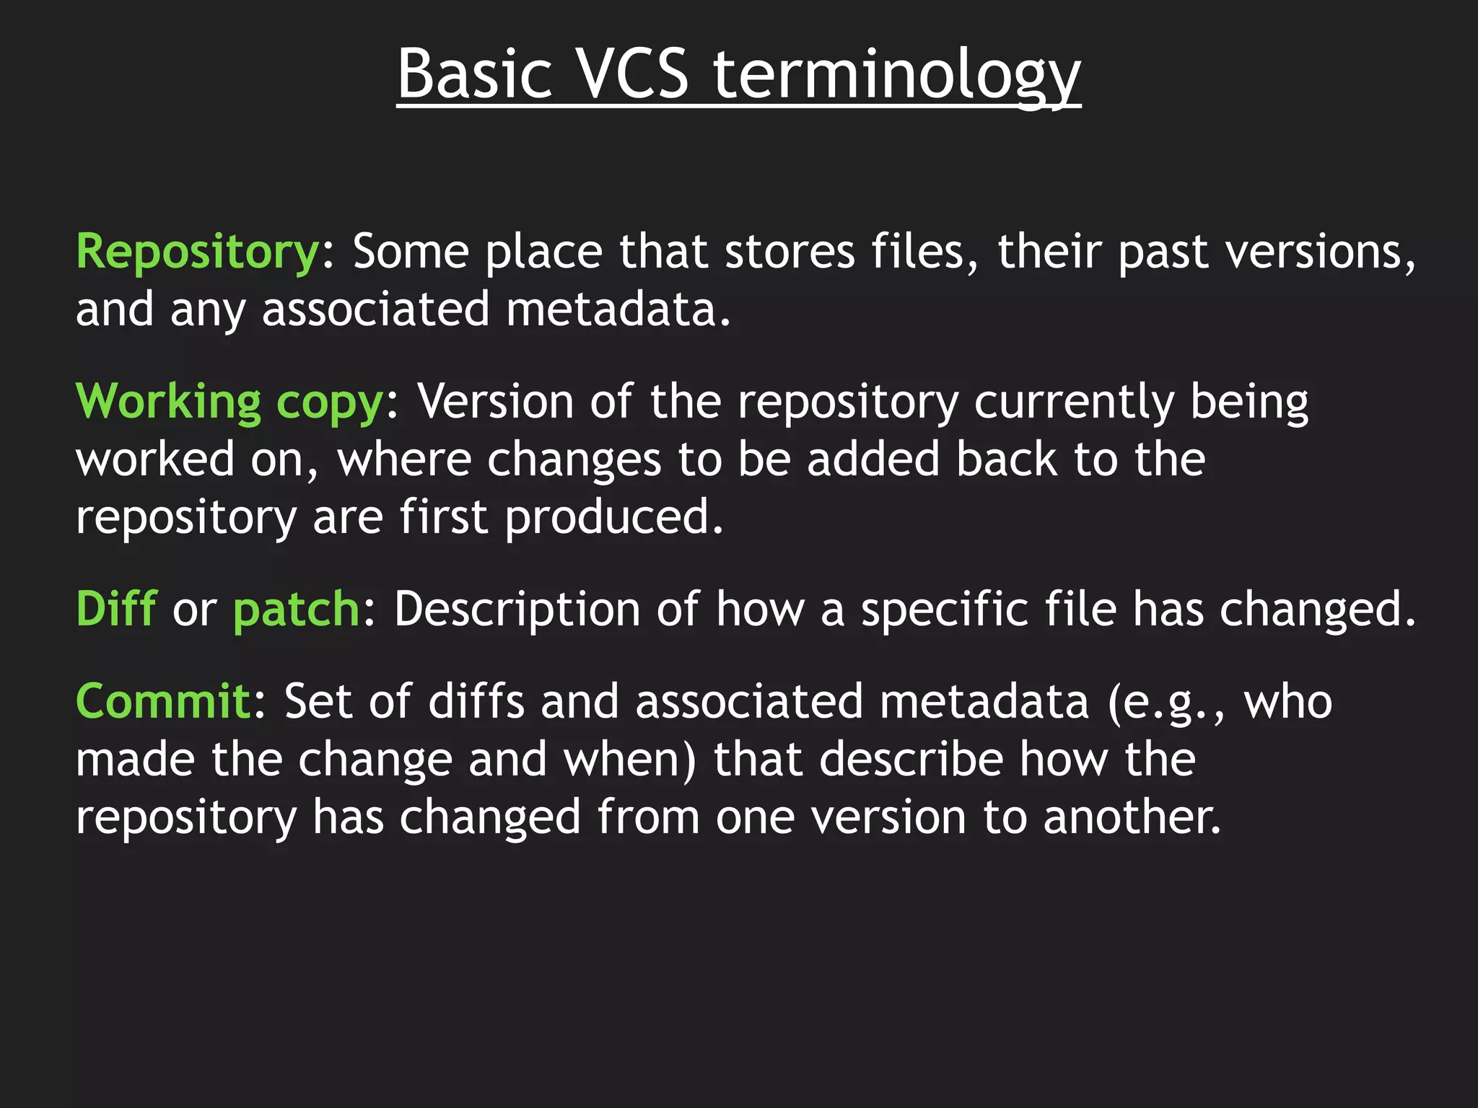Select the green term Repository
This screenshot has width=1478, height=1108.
pyautogui.click(x=197, y=252)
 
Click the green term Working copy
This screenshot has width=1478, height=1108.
pyautogui.click(x=229, y=403)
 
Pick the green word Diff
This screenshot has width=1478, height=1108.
pyautogui.click(x=116, y=609)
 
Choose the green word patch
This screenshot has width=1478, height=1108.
pyautogui.click(x=296, y=610)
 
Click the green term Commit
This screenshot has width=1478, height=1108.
pyautogui.click(x=162, y=701)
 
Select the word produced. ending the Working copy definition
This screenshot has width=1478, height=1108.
pyautogui.click(x=613, y=518)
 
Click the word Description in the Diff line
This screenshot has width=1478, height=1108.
pyautogui.click(x=517, y=610)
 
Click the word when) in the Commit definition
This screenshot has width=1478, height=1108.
pyautogui.click(x=629, y=760)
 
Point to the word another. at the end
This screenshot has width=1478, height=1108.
pyautogui.click(x=1132, y=817)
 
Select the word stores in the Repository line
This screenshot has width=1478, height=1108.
pyautogui.click(x=790, y=252)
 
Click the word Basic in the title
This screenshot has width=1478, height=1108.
pyautogui.click(x=475, y=74)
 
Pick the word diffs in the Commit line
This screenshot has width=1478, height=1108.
pyautogui.click(x=476, y=701)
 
